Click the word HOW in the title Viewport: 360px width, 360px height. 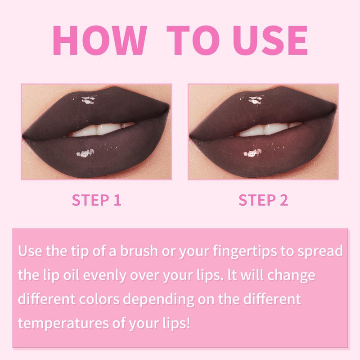tap(100, 40)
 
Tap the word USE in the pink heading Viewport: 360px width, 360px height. tap(270, 40)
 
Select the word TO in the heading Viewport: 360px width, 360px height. tap(193, 40)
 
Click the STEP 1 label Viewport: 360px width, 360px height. tap(96, 200)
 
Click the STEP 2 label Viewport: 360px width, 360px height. tap(263, 200)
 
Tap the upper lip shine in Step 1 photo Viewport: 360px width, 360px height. tap(88, 100)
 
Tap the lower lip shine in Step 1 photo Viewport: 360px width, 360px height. tap(85, 153)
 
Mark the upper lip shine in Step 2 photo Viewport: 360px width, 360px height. tap(256, 100)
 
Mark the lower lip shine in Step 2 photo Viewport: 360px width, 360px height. tap(252, 153)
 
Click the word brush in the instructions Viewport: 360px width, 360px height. tap(139, 251)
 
